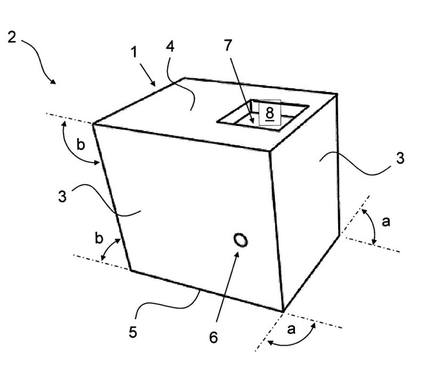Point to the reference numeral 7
pos(228,46)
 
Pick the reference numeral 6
pos(214,337)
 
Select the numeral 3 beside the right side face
pos(400,158)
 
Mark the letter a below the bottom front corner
pos(291,330)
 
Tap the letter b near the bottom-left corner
pos(99,239)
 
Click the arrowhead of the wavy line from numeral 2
pos(53,82)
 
